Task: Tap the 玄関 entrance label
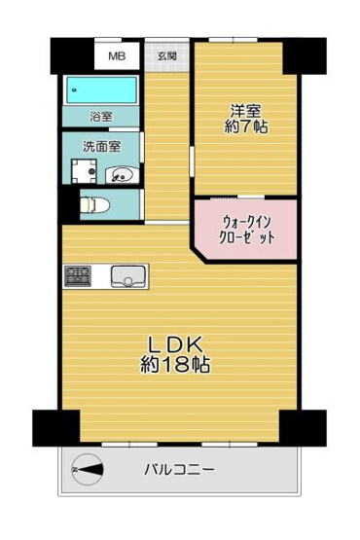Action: (166, 56)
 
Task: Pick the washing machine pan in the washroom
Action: (84, 173)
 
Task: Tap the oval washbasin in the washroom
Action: (122, 175)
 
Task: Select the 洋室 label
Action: (244, 110)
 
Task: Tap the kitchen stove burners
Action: (78, 277)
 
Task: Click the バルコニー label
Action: (180, 470)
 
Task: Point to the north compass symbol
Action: (88, 470)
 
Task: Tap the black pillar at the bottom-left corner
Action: (55, 426)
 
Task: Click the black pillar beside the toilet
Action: (67, 206)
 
